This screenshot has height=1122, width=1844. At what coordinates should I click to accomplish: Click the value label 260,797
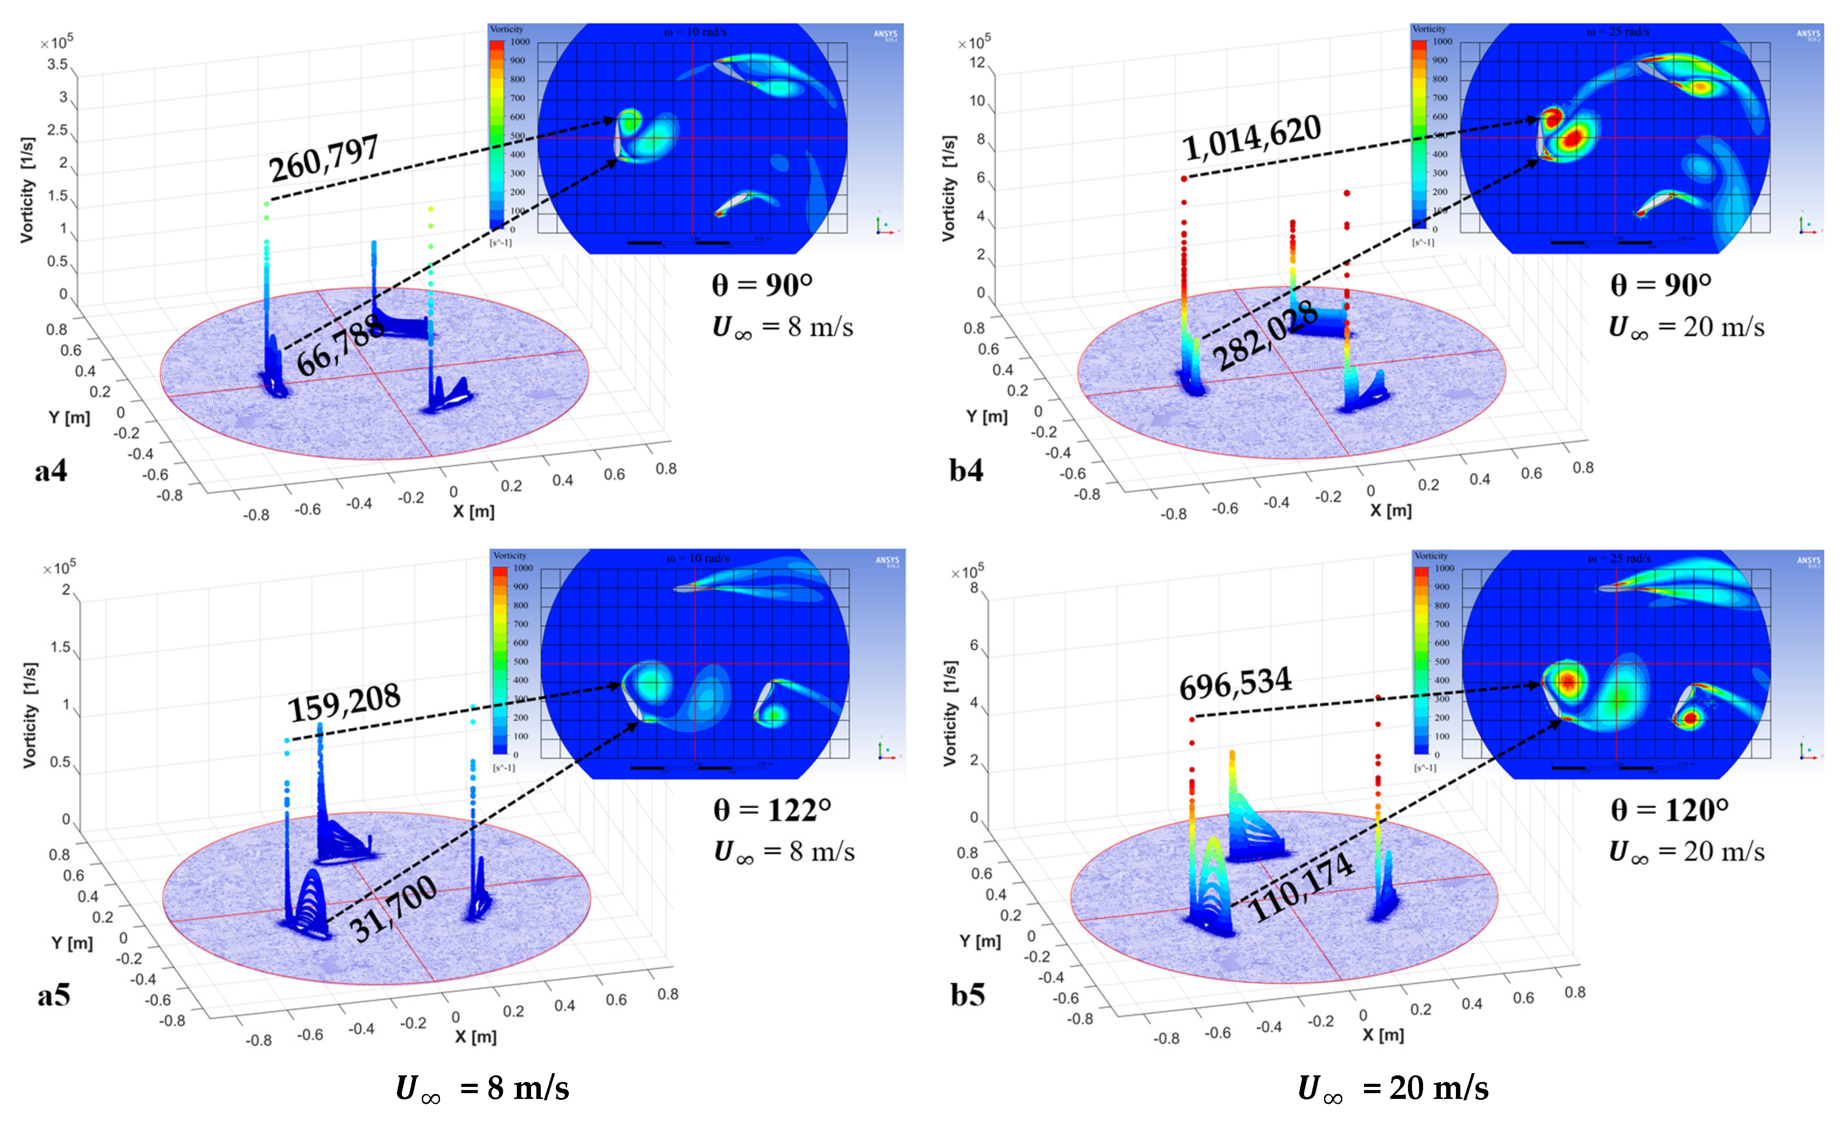[324, 158]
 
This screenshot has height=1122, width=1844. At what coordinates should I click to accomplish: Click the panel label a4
[51, 470]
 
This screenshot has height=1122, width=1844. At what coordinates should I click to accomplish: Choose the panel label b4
[966, 470]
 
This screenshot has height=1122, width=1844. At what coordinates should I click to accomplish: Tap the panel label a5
[53, 995]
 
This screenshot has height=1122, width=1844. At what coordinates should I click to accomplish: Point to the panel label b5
[968, 995]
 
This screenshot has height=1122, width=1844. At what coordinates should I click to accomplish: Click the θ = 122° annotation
[772, 810]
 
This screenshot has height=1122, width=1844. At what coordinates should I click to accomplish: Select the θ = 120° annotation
[1670, 810]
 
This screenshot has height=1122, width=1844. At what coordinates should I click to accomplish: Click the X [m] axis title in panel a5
[475, 1037]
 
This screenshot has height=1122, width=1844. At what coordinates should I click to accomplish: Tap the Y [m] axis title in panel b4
[986, 416]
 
